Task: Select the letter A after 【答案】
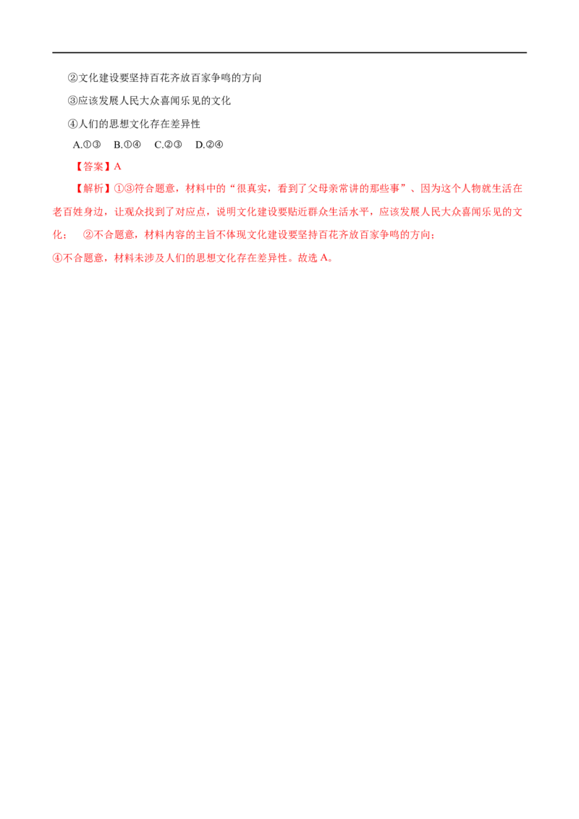(x=118, y=166)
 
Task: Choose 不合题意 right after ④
(x=80, y=258)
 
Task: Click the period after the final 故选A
(x=332, y=259)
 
